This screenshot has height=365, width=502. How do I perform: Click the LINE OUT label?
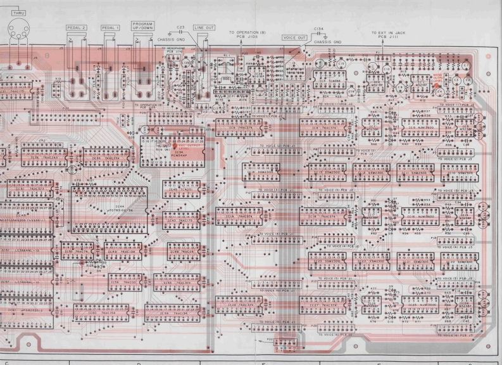(x=204, y=28)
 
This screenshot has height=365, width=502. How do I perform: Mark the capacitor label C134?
(x=319, y=29)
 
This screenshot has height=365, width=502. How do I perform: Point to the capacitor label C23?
(x=180, y=28)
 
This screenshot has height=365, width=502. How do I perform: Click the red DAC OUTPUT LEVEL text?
(x=188, y=144)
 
